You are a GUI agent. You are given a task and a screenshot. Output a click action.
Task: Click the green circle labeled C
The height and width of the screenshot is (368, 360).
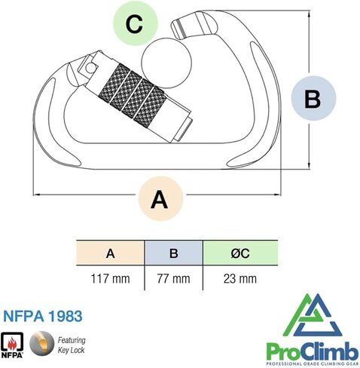136,23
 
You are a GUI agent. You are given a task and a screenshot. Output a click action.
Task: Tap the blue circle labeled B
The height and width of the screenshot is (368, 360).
313,98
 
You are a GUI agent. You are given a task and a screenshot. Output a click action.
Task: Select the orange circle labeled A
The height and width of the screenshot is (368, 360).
160,198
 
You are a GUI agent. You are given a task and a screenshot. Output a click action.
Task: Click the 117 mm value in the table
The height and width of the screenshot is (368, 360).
111,279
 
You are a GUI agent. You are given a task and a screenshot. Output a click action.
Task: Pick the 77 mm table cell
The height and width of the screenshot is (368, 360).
173,279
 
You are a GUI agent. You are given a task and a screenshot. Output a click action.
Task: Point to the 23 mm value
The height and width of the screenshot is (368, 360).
240,279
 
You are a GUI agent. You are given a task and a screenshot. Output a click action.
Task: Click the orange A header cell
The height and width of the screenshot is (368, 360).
110,253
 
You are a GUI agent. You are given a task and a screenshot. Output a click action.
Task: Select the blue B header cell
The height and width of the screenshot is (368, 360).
174,253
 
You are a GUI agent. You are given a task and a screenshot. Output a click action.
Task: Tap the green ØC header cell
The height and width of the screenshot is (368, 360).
240,253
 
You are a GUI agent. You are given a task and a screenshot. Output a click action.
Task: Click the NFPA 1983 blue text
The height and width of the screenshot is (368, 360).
43,316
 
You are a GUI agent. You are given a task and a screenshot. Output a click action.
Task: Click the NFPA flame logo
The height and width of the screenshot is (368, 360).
12,345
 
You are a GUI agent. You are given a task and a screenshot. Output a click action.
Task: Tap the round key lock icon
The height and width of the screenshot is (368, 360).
41,343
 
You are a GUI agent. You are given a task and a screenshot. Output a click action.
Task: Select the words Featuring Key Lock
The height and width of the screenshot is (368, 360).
72,345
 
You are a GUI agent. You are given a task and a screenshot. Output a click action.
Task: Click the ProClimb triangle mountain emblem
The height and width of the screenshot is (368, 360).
313,315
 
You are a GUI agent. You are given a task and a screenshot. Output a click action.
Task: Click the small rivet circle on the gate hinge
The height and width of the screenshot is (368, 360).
90,67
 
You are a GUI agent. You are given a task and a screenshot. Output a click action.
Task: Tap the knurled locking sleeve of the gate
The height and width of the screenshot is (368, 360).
133,94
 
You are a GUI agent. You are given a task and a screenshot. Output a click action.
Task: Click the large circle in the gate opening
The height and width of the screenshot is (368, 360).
166,63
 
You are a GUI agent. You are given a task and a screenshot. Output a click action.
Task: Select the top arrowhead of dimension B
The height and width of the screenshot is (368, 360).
309,14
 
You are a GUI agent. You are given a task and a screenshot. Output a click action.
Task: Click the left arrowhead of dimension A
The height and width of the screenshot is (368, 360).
37,195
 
